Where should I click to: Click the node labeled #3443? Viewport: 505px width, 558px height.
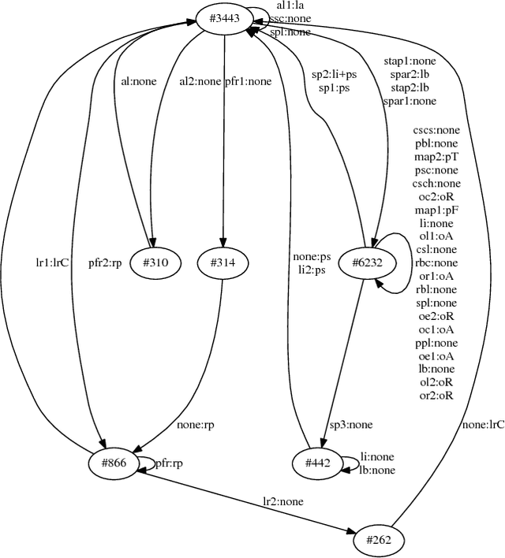224,19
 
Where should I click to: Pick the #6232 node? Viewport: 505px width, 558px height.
363,263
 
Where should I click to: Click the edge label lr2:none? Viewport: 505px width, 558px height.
283,501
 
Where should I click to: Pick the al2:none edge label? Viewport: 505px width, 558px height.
199,80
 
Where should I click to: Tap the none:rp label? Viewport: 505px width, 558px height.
197,426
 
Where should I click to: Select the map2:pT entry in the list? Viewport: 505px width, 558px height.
436,157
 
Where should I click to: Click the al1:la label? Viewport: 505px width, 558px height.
290,6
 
